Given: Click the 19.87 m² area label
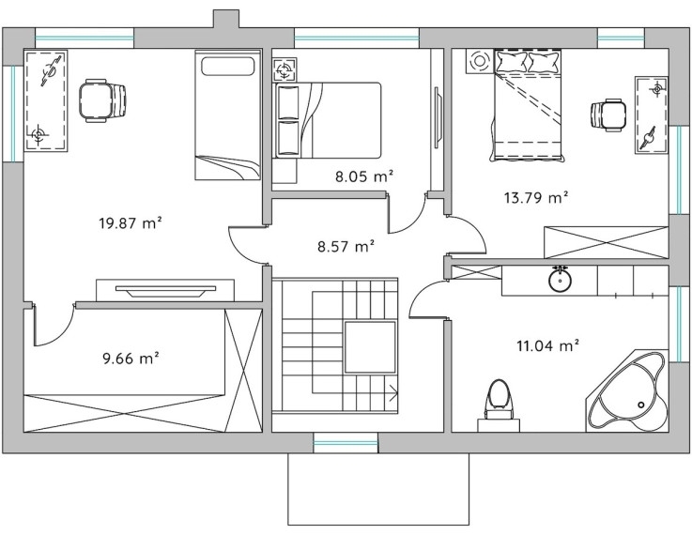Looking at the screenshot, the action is coord(130,223).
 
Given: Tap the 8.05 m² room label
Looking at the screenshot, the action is coord(364,176).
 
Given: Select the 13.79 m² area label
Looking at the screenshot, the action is coord(536,198).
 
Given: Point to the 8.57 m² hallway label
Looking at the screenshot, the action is coord(346,246).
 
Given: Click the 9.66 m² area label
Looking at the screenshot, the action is coord(131,359).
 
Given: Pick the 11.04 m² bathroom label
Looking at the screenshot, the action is coord(547,345).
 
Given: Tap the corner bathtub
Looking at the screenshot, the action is coord(627,390).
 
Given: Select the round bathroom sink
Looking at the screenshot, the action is coord(560,279).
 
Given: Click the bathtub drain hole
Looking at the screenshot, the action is coord(640,405).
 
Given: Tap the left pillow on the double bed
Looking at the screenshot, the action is coord(512,62).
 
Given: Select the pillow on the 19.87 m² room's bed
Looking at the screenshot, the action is coord(228,67).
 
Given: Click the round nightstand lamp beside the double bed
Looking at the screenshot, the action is coord(478,61).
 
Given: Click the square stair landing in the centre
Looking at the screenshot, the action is coord(370,347).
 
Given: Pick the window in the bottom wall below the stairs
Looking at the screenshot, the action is coord(346,442).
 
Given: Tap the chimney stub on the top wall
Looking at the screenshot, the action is coord(226,19).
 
